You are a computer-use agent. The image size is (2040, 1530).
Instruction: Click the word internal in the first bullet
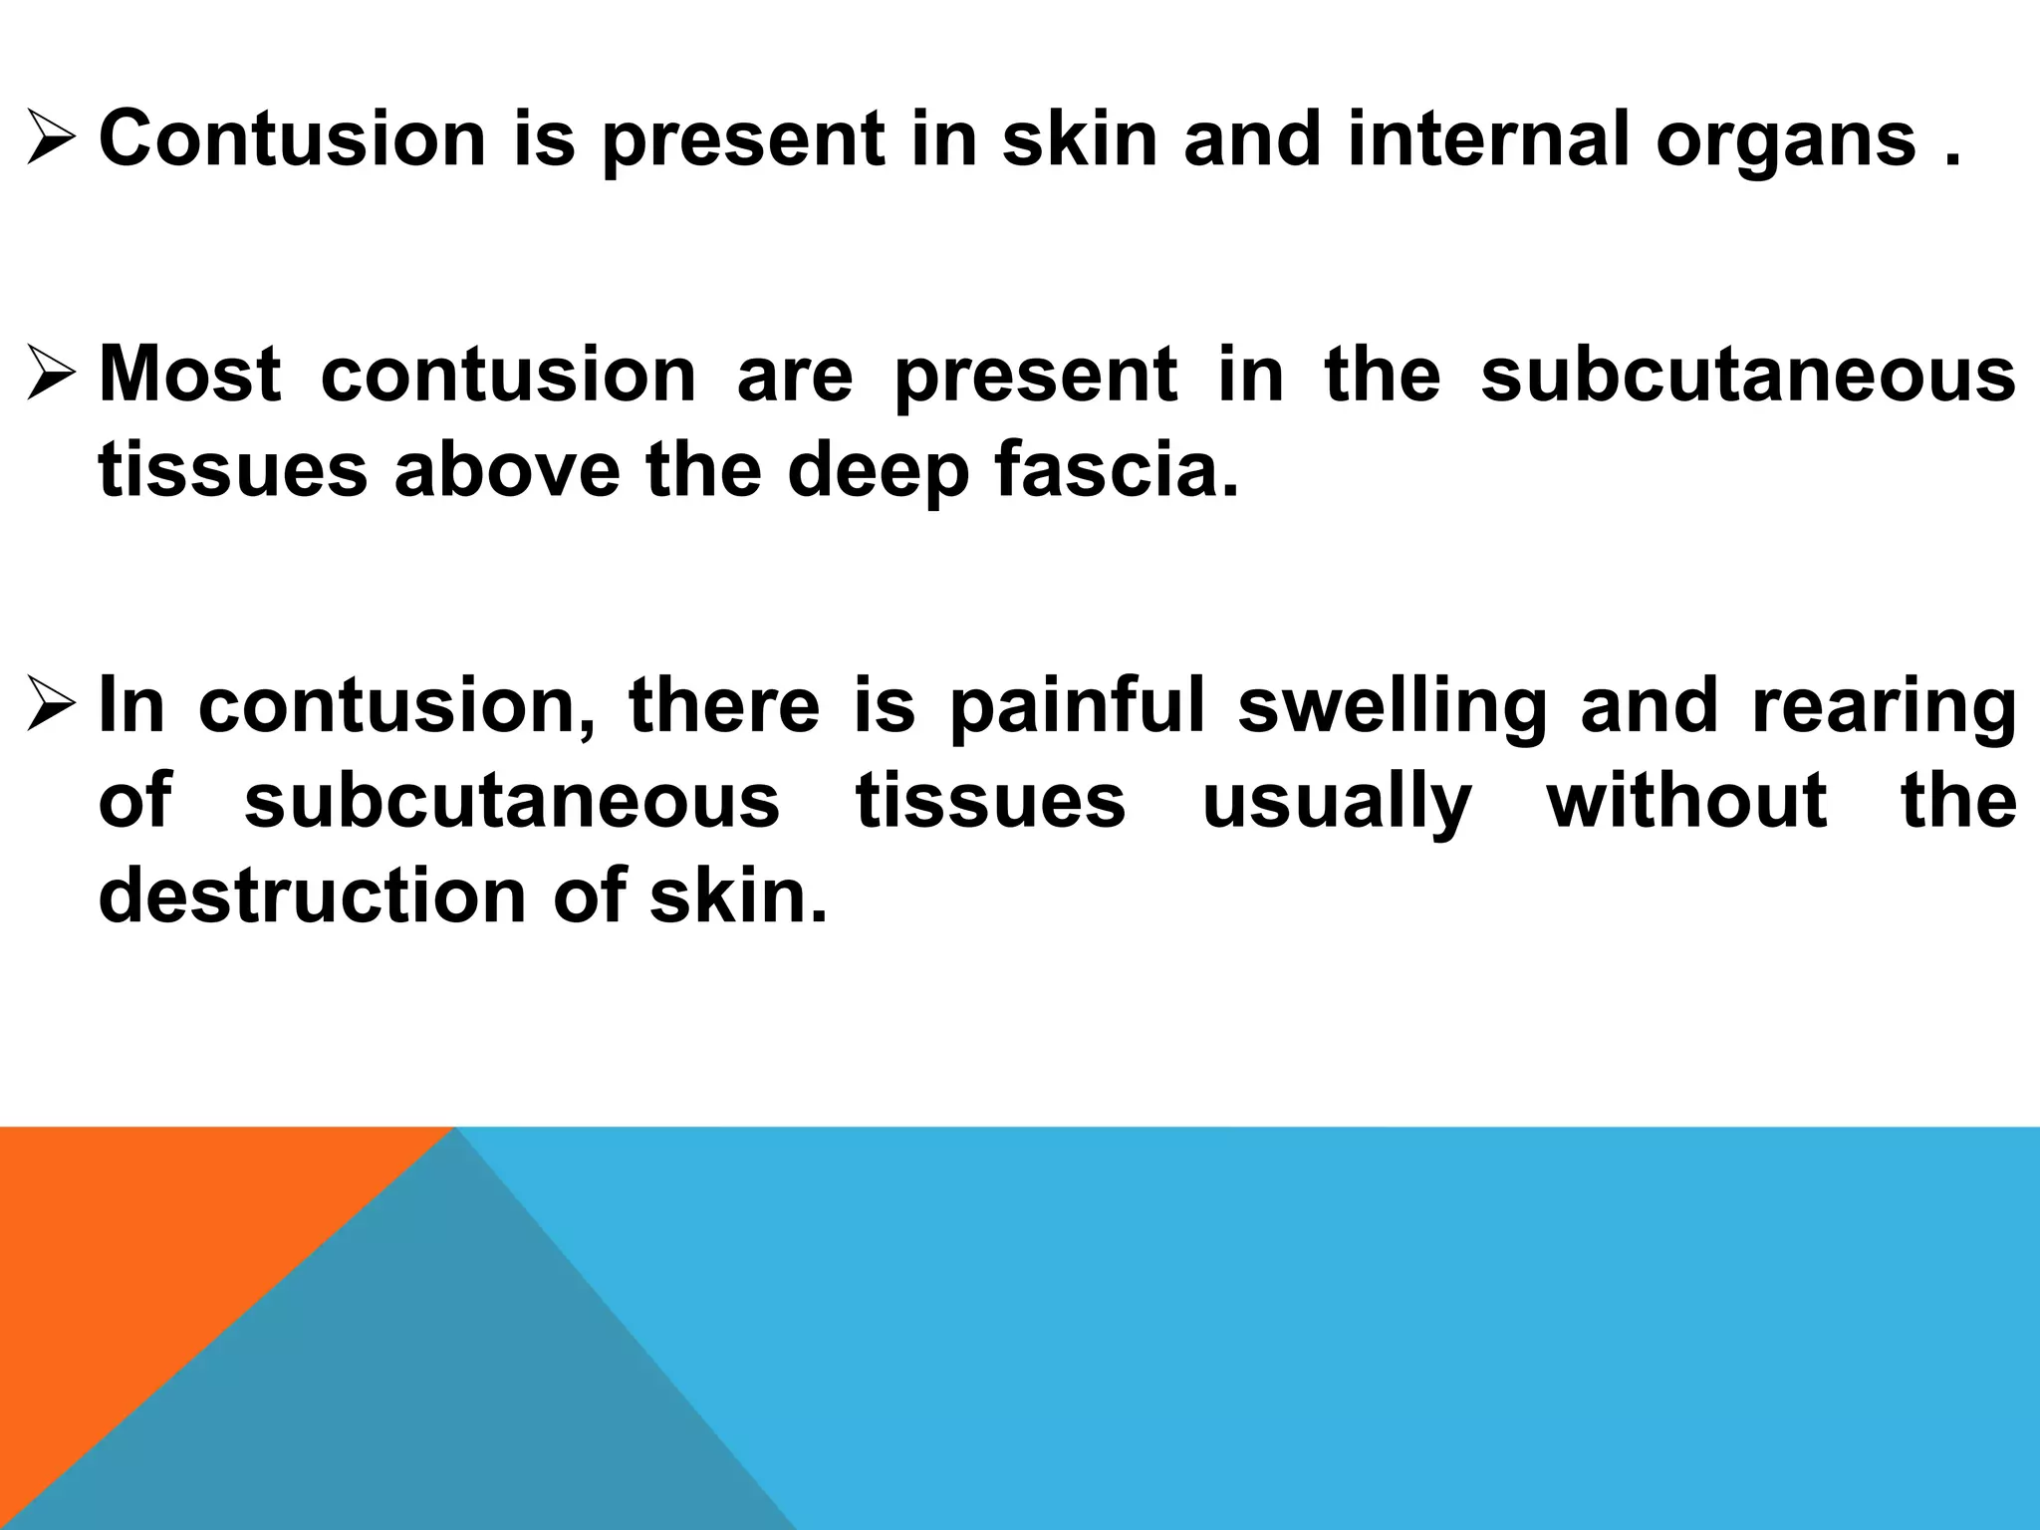(x=1489, y=139)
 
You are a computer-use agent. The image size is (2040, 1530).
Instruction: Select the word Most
(x=189, y=375)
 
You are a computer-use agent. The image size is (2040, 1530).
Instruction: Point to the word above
(x=507, y=470)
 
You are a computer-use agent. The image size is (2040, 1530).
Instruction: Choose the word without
(x=1686, y=799)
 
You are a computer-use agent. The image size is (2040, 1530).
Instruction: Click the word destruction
(x=312, y=894)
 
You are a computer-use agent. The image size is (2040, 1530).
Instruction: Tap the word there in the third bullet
(x=724, y=703)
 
